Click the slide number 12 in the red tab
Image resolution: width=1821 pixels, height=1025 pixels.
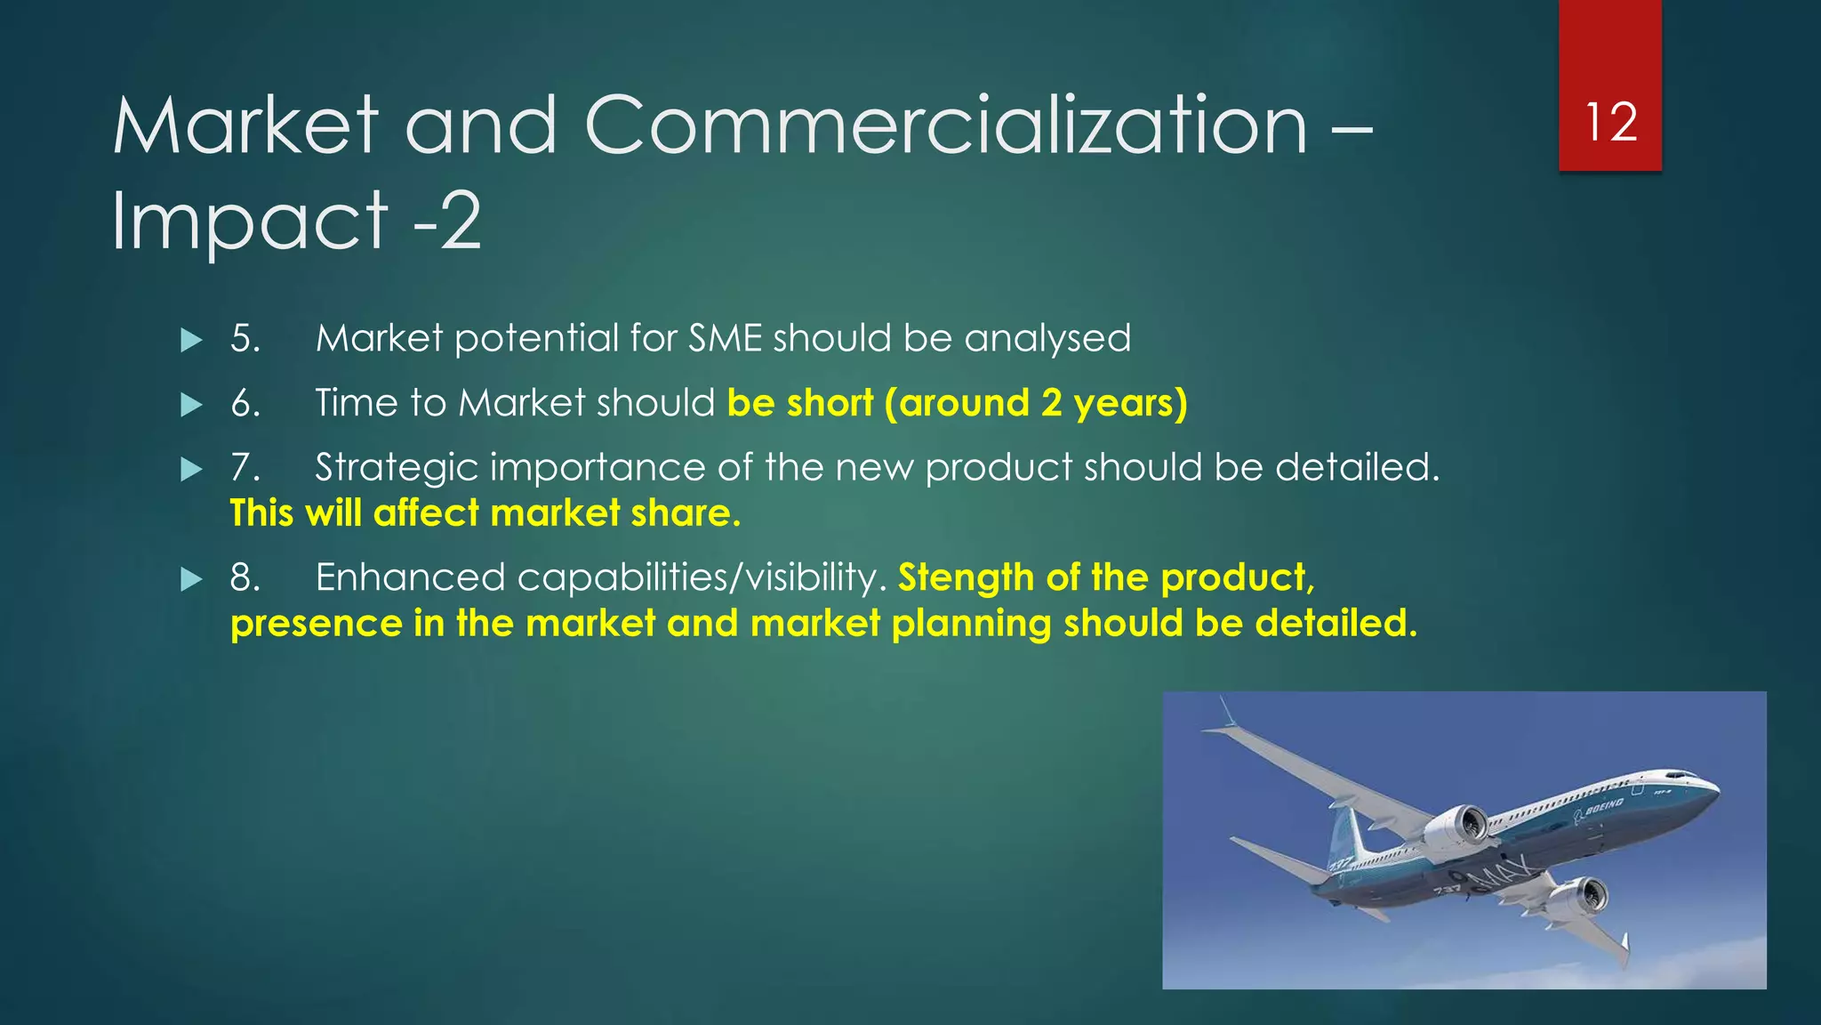[x=1610, y=122]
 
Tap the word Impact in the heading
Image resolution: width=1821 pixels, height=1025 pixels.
[x=250, y=221]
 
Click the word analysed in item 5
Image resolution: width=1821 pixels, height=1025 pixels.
[x=1047, y=339]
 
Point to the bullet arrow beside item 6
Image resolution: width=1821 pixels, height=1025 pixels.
[x=191, y=406]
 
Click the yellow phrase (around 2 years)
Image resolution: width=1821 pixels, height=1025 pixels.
[x=1036, y=404]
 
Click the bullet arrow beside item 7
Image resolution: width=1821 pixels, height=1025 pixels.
[x=191, y=470]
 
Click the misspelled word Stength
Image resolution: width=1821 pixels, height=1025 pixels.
[x=966, y=578]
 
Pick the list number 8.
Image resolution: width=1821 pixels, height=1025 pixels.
[x=245, y=578]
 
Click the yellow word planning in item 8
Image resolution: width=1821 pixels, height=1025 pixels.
[x=972, y=624]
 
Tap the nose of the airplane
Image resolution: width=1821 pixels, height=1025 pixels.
[x=1712, y=788]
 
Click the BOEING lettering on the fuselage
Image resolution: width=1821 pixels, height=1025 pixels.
[x=1604, y=807]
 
